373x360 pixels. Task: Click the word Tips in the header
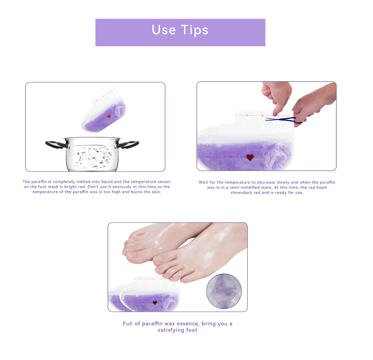point(195,30)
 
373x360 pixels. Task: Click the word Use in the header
point(164,30)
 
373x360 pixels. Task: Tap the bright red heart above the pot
point(109,117)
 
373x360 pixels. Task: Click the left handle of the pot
point(55,144)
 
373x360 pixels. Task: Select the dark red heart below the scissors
point(250,157)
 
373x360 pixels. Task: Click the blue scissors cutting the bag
point(281,119)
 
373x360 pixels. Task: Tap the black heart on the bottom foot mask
point(155,302)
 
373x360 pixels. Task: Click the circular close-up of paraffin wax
point(224,291)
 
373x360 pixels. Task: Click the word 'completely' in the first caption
point(64,182)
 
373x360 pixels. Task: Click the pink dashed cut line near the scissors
point(249,115)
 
